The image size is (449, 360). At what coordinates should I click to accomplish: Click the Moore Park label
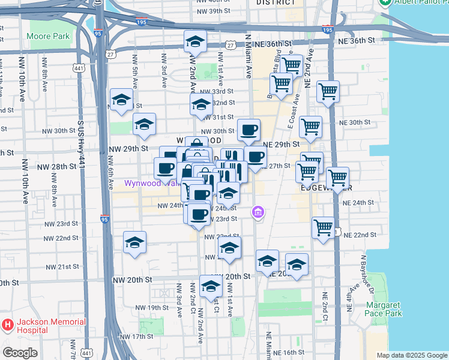[x=48, y=35]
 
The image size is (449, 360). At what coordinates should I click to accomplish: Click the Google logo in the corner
[x=19, y=353]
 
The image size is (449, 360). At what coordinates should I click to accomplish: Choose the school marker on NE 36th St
[x=194, y=41]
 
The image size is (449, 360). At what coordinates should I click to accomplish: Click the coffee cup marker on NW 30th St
[x=248, y=129]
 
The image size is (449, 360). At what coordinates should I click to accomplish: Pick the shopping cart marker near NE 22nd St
[x=323, y=228]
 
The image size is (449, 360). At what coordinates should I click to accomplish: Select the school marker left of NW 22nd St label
[x=134, y=243]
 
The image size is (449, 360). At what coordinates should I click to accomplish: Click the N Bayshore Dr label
[x=363, y=276]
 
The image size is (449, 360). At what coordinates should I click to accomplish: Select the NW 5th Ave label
[x=134, y=67]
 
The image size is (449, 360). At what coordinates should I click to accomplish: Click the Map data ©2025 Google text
[x=412, y=355]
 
